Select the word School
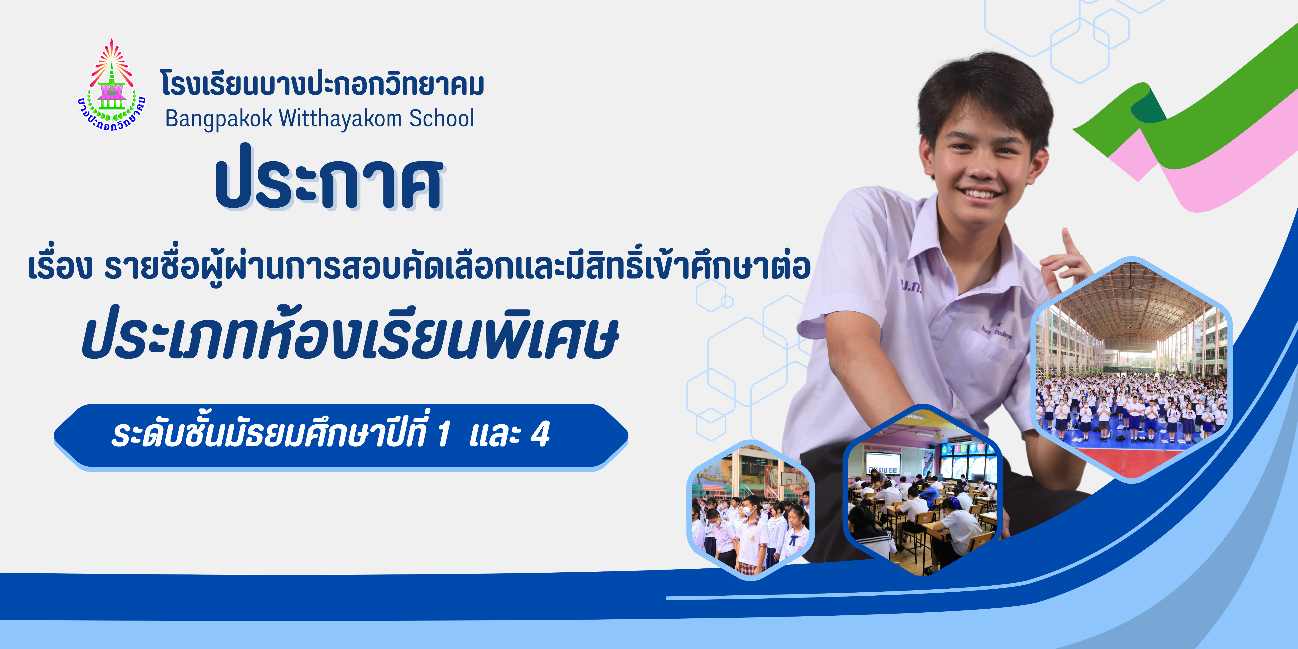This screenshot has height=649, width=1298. [441, 118]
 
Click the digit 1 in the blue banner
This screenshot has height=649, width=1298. [443, 434]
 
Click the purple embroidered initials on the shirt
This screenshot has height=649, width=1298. [911, 286]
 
